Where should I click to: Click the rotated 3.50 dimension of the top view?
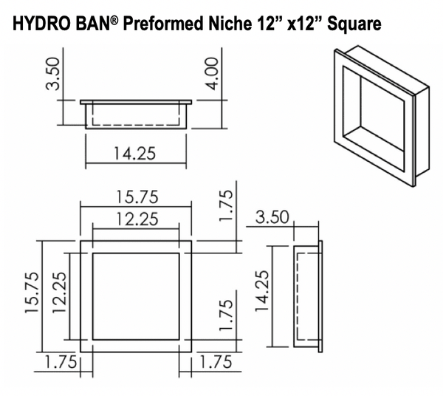tap(51, 73)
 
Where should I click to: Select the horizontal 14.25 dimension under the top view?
tap(135, 154)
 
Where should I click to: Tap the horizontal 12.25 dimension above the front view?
tap(136, 219)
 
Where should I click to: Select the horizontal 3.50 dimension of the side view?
tap(273, 219)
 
